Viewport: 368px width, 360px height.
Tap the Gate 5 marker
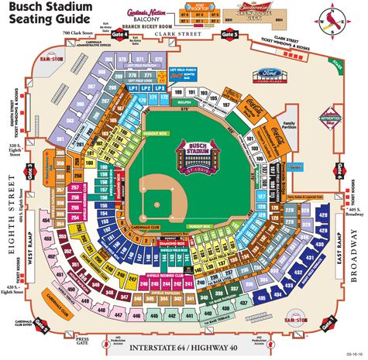point(229,34)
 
